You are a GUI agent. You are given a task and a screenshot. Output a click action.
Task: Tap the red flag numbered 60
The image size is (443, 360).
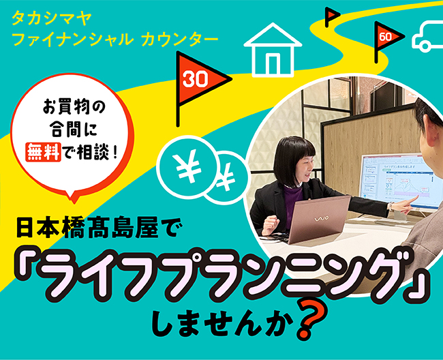(384, 36)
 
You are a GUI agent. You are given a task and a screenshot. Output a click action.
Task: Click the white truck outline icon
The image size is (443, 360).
(428, 35)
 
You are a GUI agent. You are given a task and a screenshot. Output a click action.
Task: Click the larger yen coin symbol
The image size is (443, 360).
(185, 166)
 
